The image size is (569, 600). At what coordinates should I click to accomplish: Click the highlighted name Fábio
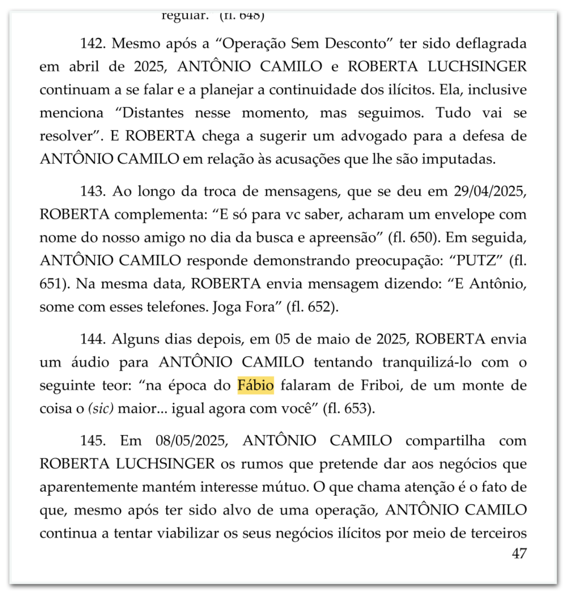(256, 385)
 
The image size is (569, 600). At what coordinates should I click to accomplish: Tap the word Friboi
(382, 385)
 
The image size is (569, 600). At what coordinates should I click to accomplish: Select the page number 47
(519, 554)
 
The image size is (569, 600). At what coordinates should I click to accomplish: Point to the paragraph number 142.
(92, 44)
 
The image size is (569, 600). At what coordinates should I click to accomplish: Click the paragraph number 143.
(92, 191)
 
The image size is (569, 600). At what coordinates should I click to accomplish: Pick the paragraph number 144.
(92, 339)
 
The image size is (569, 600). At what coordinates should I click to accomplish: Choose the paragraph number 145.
(92, 441)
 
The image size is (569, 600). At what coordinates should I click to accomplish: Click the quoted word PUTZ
(478, 261)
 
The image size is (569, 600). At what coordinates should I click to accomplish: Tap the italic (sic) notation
(101, 409)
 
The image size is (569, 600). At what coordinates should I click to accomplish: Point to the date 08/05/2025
(192, 441)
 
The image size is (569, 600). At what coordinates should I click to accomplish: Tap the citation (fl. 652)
(312, 307)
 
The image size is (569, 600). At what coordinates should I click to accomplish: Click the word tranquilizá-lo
(427, 363)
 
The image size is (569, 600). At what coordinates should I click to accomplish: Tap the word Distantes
(153, 113)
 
